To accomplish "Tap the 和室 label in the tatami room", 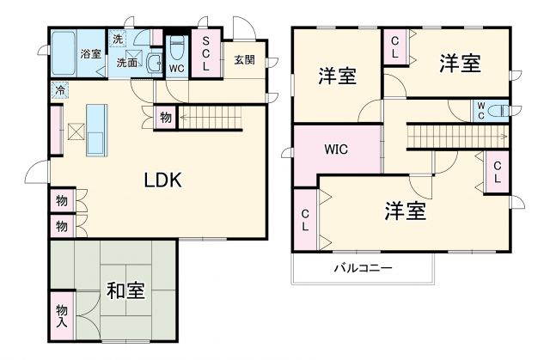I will (x=125, y=290).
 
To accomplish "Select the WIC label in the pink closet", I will (x=336, y=147).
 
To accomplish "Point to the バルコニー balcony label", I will (x=363, y=269).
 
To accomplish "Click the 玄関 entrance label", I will (x=245, y=60).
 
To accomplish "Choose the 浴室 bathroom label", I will (x=90, y=54).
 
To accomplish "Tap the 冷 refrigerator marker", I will (x=60, y=89).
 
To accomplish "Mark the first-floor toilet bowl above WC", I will (x=176, y=46).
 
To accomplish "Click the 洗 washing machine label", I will (x=118, y=40).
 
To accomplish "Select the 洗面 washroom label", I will (x=127, y=62).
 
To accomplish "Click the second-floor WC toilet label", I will (x=482, y=111).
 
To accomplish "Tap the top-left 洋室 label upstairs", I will (x=337, y=76).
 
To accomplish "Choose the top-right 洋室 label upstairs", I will (x=459, y=63).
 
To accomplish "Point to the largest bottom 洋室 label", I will (x=406, y=211).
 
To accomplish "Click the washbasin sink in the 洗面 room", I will (x=153, y=63).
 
